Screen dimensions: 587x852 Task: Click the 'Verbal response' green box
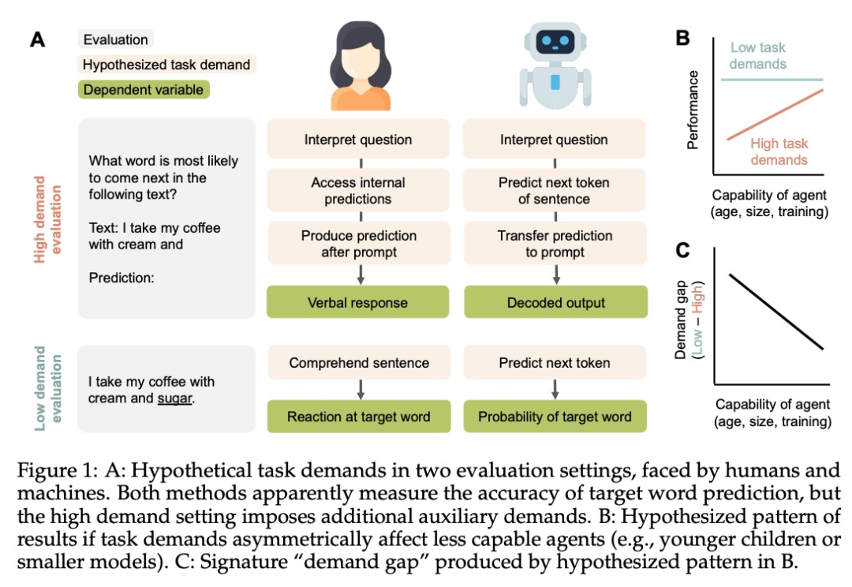pyautogui.click(x=358, y=302)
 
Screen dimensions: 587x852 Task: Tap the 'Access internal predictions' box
pyautogui.click(x=358, y=190)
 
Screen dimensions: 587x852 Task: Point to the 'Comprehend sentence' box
pyautogui.click(x=358, y=363)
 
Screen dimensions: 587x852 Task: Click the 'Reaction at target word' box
pyautogui.click(x=358, y=417)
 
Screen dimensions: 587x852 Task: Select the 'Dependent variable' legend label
pyautogui.click(x=144, y=90)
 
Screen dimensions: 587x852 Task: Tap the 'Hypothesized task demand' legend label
pyautogui.click(x=166, y=65)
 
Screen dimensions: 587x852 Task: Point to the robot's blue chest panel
pyautogui.click(x=555, y=80)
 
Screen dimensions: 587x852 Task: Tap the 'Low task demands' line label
pyautogui.click(x=758, y=55)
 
